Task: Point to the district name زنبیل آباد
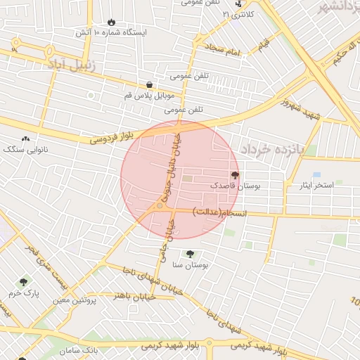(75, 63)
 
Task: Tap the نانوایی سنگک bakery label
(24, 150)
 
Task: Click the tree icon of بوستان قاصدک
(234, 175)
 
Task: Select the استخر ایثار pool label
(316, 186)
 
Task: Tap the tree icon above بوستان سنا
(189, 254)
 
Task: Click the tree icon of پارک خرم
(25, 281)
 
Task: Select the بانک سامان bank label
(77, 349)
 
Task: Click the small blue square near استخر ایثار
(316, 174)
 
